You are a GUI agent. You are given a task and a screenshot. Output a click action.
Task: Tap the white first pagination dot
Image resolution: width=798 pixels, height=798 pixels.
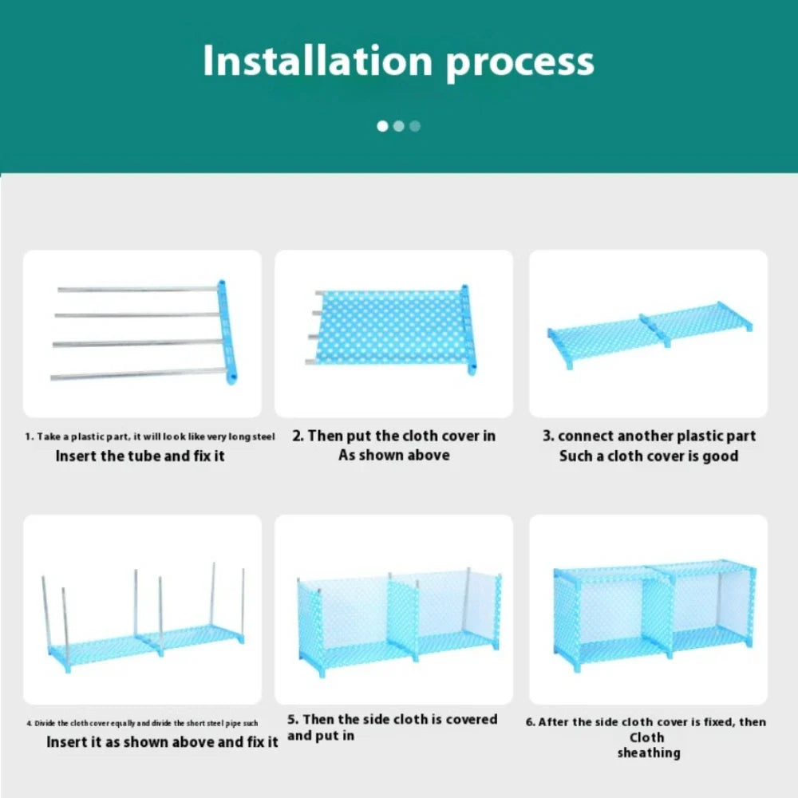point(382,126)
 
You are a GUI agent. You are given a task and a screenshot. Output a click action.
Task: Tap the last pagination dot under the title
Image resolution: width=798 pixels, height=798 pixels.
point(414,126)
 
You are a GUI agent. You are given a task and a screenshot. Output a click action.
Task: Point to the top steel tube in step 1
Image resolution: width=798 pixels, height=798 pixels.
point(136,289)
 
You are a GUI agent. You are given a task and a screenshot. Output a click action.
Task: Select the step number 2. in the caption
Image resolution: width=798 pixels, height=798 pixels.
point(298,436)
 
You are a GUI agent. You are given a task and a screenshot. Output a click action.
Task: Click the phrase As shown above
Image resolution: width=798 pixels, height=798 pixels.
point(393,455)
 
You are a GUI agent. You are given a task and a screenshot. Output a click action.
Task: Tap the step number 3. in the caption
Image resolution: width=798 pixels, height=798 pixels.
point(548,436)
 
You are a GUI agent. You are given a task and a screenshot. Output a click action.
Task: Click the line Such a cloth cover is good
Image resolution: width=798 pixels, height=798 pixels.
point(648,456)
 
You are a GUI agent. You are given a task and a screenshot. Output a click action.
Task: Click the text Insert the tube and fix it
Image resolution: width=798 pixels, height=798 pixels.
point(140,456)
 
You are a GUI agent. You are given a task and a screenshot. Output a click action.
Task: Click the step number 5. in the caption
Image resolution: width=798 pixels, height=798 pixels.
point(294,720)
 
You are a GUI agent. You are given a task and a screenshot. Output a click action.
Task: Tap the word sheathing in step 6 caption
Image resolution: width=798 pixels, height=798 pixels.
point(648,753)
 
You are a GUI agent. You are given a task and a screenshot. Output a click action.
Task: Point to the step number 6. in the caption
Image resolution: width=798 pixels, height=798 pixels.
point(531,722)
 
